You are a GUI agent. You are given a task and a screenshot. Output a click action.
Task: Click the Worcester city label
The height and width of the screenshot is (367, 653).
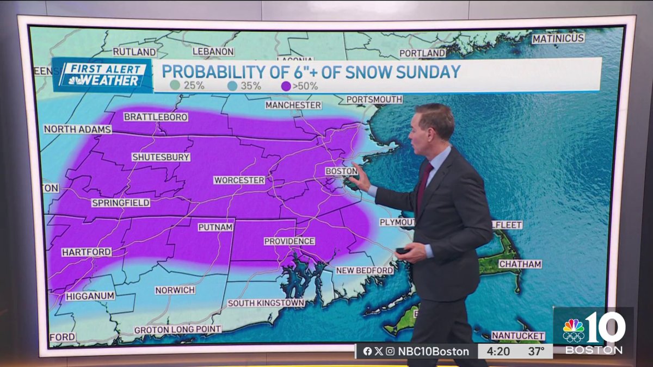tap(239, 180)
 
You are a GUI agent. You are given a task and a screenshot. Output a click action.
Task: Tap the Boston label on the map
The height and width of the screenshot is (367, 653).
tap(342, 171)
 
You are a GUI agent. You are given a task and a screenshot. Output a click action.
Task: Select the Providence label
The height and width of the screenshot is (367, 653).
tap(289, 241)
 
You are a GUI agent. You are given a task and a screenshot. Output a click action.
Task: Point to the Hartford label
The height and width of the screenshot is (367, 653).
tap(87, 252)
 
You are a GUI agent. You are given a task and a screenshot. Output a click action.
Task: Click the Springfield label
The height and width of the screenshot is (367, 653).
tap(120, 203)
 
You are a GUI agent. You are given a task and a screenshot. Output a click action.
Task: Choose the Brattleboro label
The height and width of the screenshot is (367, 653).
tap(156, 117)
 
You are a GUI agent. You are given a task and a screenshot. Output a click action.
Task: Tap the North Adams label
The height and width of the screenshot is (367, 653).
tap(77, 129)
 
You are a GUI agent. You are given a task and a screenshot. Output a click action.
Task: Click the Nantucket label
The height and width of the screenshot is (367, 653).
tap(518, 335)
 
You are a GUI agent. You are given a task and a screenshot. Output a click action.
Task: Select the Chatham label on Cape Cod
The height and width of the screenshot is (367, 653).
tap(520, 264)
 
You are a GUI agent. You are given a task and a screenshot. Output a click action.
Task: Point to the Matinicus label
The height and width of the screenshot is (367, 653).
tap(558, 39)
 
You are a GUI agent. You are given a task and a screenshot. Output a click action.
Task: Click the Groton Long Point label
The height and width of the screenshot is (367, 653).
tap(178, 329)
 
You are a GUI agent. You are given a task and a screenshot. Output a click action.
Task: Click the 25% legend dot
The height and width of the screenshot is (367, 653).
tap(174, 85)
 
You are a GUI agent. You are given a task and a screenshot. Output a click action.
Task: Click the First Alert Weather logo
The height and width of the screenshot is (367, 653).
tap(102, 75)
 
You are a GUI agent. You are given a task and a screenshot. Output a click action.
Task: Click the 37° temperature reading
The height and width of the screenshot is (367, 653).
tap(536, 351)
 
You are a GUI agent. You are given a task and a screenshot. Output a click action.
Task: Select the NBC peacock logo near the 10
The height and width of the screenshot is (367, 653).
tap(573, 330)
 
